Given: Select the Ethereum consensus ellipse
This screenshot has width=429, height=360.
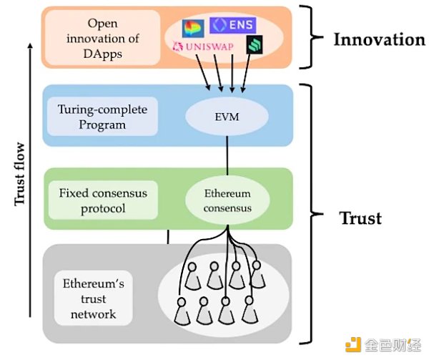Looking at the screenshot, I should click(x=228, y=200).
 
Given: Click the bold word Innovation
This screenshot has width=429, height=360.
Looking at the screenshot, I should click(x=379, y=39).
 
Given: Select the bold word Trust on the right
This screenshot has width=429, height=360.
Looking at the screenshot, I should click(x=360, y=218).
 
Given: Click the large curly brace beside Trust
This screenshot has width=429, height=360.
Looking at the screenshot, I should click(x=312, y=215).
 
